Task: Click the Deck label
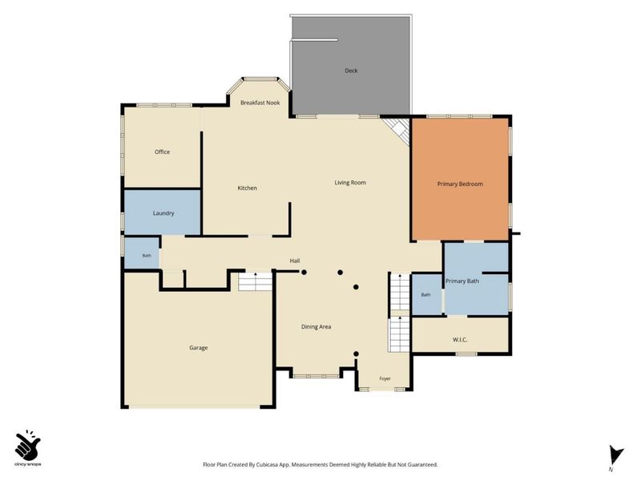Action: [351, 71]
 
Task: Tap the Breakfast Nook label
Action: [260, 103]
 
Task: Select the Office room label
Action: [162, 152]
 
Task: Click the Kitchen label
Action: [248, 188]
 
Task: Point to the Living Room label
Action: [350, 183]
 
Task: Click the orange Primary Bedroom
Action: [460, 179]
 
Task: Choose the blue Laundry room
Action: [163, 212]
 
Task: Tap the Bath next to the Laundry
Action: [142, 253]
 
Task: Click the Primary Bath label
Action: [462, 281]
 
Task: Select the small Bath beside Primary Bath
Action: [426, 294]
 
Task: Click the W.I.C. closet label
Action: [460, 339]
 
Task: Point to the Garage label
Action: [198, 348]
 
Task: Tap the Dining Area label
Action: [316, 327]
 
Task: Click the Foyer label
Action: [385, 378]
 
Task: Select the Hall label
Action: [295, 261]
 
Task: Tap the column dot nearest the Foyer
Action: [356, 354]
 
